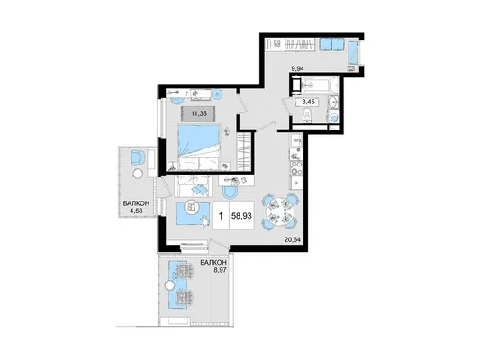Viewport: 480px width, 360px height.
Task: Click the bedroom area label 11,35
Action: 199,113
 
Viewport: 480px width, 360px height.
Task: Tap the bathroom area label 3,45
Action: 308,102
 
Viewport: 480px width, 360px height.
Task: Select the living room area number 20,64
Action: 292,240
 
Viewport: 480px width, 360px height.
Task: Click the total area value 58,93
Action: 242,216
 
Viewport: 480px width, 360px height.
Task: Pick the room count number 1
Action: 221,216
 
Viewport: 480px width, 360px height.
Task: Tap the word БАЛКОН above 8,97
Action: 213,263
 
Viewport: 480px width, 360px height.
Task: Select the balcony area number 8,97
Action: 219,269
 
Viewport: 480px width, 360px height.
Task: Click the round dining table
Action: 280,211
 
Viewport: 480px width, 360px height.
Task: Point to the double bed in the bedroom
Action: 199,147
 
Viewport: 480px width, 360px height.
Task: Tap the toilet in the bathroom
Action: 306,116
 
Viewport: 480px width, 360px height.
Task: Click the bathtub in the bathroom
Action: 320,84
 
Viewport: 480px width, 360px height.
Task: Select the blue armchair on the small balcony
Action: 137,157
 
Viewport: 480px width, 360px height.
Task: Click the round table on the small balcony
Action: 137,175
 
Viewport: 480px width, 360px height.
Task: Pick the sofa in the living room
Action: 193,186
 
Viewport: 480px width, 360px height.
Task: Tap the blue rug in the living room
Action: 193,213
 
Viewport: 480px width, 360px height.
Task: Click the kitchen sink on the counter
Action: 295,141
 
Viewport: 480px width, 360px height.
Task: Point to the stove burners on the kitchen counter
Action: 295,167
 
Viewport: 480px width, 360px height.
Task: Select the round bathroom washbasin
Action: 332,102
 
